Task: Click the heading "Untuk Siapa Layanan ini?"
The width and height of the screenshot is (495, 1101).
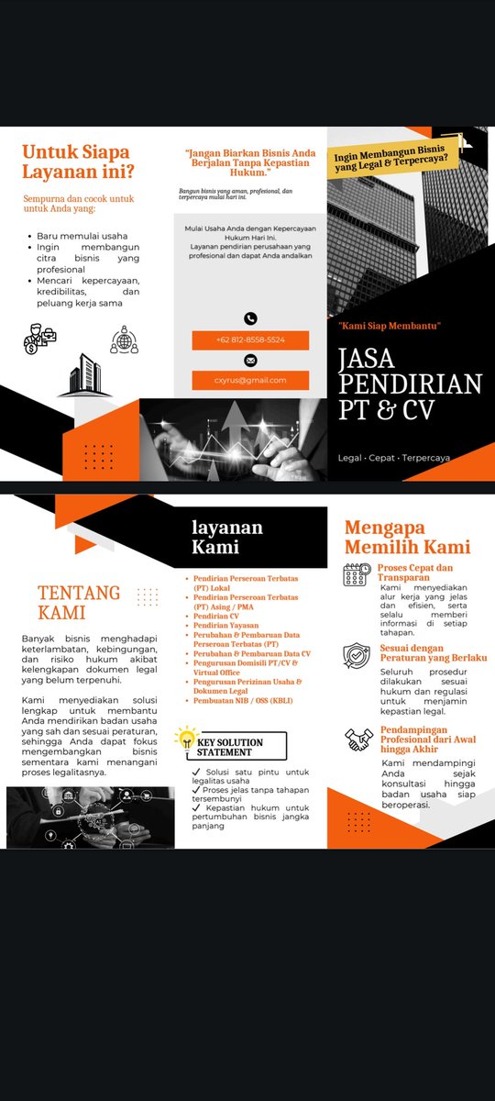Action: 76,161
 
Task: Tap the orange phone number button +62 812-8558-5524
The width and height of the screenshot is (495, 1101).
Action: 250,339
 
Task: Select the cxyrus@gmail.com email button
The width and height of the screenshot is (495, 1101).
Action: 250,380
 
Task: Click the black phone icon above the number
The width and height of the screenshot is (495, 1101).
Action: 250,318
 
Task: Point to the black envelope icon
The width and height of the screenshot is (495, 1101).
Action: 250,361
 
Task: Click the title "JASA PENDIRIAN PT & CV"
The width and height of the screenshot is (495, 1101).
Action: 409,384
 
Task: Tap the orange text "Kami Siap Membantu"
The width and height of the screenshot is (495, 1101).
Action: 390,326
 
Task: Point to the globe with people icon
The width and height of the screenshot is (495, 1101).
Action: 124,340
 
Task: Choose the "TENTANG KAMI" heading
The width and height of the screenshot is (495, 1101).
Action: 79,602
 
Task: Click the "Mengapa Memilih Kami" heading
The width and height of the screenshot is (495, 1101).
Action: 407,537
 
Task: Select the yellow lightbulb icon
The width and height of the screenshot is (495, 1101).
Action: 187,737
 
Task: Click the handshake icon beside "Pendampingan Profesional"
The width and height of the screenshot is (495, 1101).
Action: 358,740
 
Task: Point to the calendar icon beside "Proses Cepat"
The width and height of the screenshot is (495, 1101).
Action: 357,575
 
